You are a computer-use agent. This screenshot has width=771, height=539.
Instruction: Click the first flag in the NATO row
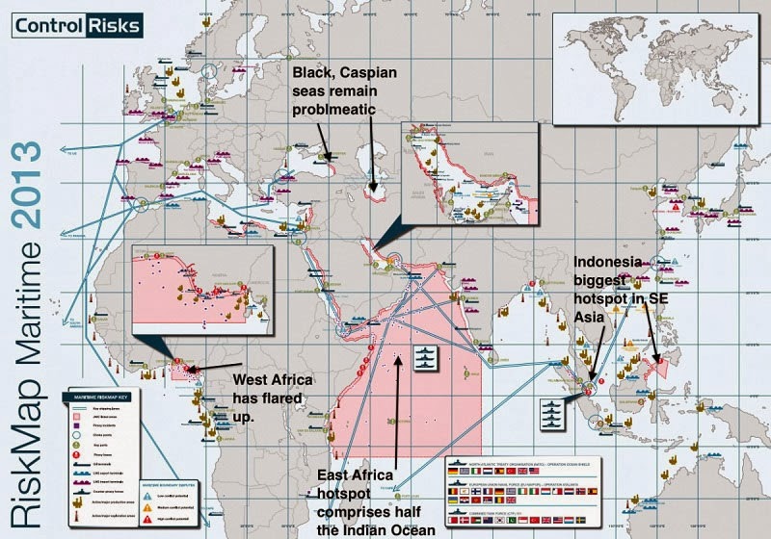coord(456,473)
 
